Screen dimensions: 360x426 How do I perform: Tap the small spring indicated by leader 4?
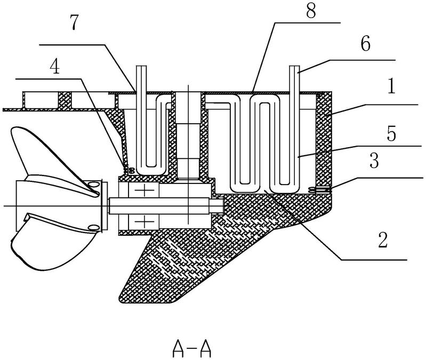point(128,170)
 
